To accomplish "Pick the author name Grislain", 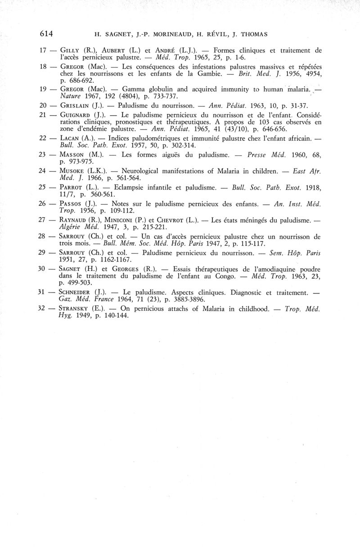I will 75,106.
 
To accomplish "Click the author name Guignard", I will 76,116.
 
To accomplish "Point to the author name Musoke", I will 73,171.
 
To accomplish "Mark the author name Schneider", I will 78,293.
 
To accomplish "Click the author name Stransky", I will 77,309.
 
